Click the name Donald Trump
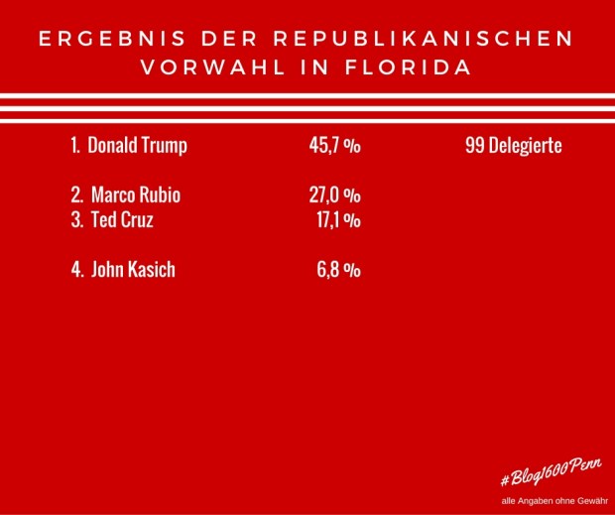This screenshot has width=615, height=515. tap(137, 145)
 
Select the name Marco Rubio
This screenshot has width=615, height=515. tap(136, 194)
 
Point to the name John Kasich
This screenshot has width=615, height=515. tap(133, 268)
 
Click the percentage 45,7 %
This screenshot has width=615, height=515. tap(334, 145)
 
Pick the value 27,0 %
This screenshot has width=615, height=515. tap(334, 194)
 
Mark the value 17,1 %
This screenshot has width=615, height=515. tap(337, 220)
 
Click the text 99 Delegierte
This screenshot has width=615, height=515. tap(513, 145)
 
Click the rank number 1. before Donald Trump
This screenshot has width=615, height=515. tap(75, 145)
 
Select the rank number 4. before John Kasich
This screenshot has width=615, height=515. tap(77, 268)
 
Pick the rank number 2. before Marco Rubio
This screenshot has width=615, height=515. tap(77, 194)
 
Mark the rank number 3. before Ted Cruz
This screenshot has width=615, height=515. tap(77, 220)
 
